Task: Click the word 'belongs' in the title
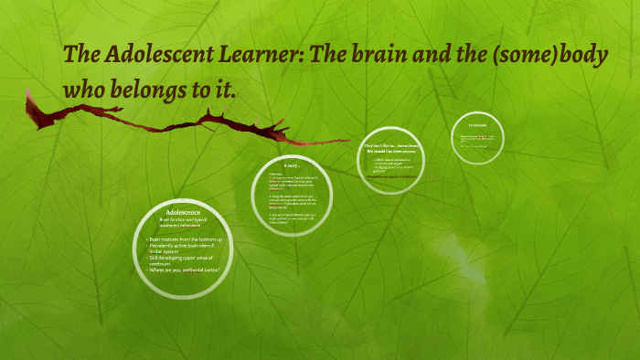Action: [x=151, y=90]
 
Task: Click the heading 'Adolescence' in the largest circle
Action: [x=183, y=212]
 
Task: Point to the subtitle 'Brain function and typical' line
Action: [x=185, y=219]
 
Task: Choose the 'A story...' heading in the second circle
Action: [x=293, y=165]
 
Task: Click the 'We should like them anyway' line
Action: [x=392, y=151]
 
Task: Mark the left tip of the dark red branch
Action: [x=27, y=94]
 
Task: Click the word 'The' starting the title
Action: [x=80, y=55]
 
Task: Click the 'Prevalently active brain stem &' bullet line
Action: [x=187, y=247]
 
